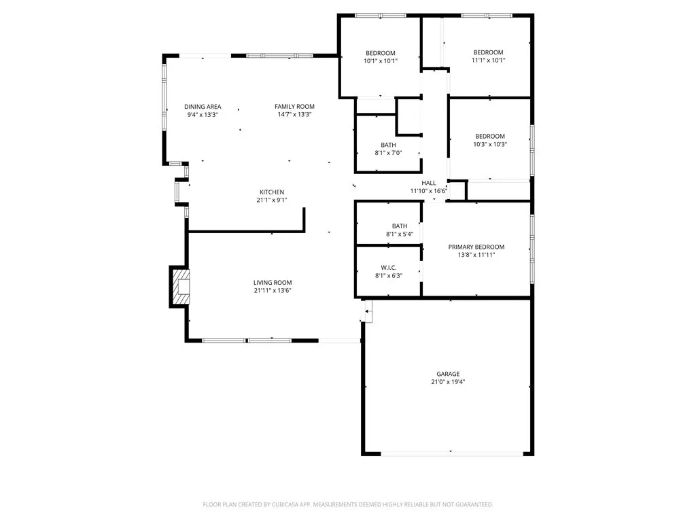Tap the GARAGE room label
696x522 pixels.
coord(448,374)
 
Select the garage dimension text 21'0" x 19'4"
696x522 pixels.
coord(448,382)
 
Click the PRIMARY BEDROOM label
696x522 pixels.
coord(476,247)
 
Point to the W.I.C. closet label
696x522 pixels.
coord(389,267)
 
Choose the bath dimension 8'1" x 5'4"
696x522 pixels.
coord(399,234)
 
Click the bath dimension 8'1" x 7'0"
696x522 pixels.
coord(388,153)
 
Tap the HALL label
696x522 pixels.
coord(428,183)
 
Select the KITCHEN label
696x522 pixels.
coord(272,192)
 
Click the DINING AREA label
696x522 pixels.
coord(203,107)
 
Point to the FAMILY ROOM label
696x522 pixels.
coord(294,107)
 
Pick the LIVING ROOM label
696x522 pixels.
coord(273,283)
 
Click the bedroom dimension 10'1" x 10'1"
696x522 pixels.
coord(380,61)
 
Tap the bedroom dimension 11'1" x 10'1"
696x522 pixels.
coord(488,60)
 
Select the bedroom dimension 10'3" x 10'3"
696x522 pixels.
coord(490,144)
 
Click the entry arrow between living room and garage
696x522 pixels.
coord(368,312)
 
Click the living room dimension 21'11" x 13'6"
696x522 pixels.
coord(273,291)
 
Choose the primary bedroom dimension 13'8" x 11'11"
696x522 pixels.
coord(476,255)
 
